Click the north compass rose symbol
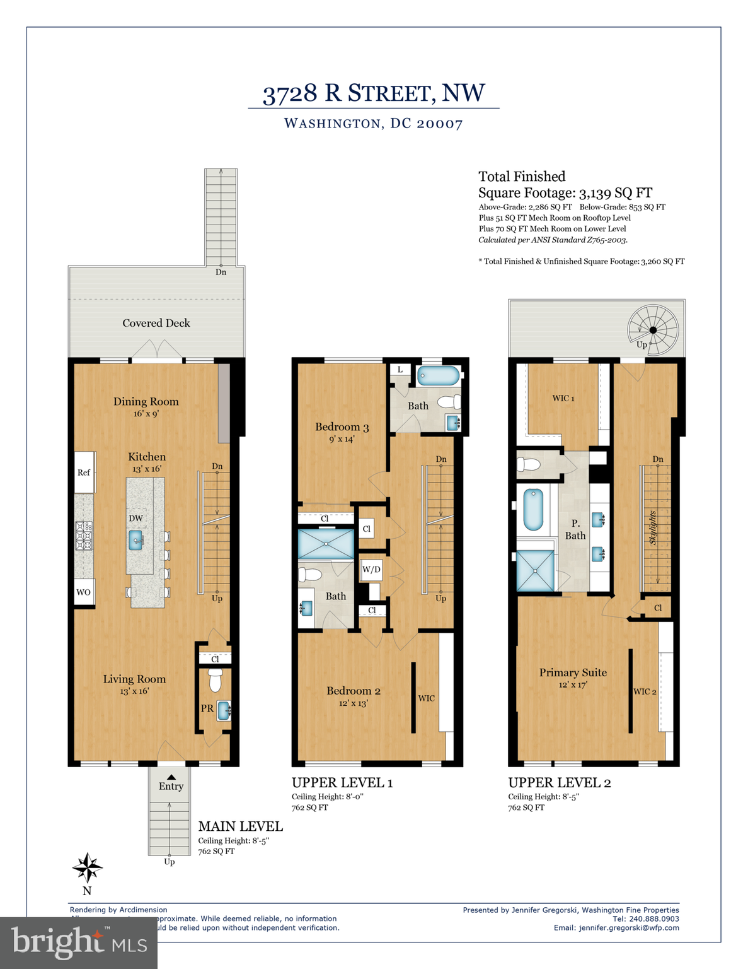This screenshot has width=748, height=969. (x=87, y=869)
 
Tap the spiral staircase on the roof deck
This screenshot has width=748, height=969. (x=653, y=330)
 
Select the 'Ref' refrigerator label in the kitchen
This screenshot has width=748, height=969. (x=84, y=473)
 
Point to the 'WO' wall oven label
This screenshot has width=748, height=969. (x=83, y=592)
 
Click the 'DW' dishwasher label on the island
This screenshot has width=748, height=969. (x=135, y=518)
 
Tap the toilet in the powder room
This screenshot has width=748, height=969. (x=216, y=681)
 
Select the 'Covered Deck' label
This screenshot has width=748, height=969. (x=156, y=323)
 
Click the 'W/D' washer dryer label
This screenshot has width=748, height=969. (x=371, y=570)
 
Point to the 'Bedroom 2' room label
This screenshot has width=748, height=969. (x=353, y=691)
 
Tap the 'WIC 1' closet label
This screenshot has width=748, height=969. (x=563, y=398)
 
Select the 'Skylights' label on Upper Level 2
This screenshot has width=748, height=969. (x=653, y=528)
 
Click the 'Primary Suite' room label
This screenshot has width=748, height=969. (x=573, y=672)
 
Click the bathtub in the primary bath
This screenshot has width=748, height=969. (x=533, y=510)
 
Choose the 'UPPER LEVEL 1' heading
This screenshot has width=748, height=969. (x=342, y=783)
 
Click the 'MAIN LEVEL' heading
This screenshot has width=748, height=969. (x=240, y=826)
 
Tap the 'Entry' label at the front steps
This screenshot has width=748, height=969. (x=171, y=786)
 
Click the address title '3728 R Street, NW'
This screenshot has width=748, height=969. (x=374, y=93)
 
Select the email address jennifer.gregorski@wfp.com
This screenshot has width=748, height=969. (x=629, y=927)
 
